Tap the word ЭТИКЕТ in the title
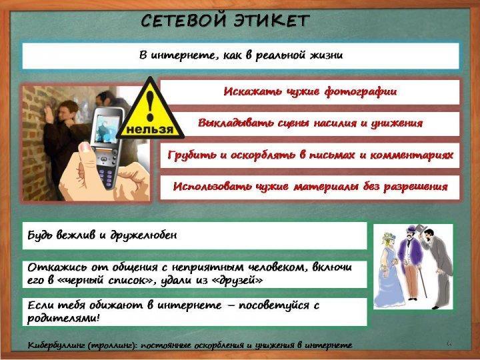coord(271,21)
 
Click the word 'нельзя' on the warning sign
coord(150,129)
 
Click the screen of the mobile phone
coord(107,129)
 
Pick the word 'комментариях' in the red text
coord(412,155)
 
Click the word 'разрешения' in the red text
coord(415,187)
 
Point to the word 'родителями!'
coord(63,319)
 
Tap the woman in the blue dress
coord(389,269)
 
